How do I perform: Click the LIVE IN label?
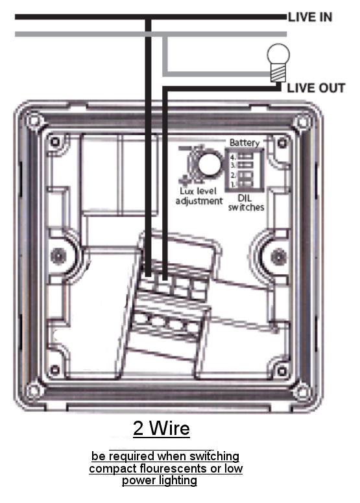coord(310,17)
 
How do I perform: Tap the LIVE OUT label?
coord(316,88)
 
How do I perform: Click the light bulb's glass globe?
coord(278,54)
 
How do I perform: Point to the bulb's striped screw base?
coord(278,73)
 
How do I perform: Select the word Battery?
coord(245,143)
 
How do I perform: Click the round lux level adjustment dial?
coord(210,164)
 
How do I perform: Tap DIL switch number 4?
coord(246,157)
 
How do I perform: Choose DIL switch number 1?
coord(246,184)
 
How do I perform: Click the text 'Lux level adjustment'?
coord(199,196)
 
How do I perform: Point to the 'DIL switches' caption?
coord(246,203)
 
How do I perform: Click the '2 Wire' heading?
coord(162,428)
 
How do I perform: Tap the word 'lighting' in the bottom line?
coord(177,480)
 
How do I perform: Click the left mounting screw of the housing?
coord(58,255)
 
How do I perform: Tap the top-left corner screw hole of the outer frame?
coord(33,121)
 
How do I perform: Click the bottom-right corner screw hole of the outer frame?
coord(302,392)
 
